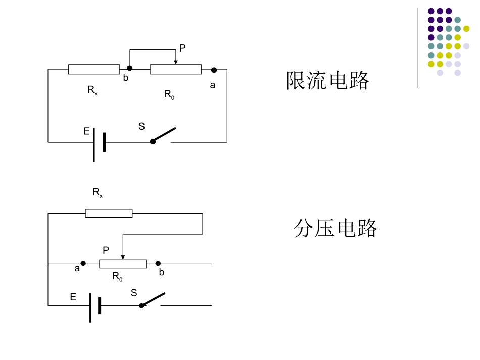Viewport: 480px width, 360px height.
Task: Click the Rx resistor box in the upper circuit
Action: pos(94,69)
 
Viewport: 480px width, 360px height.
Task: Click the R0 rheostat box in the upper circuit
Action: pos(176,69)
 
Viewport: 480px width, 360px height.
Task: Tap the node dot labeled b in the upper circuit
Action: pos(130,68)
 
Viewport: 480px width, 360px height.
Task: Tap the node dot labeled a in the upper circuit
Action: pos(214,70)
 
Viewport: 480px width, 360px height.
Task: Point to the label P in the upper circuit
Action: pos(182,48)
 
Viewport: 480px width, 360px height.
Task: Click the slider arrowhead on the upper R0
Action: pos(176,62)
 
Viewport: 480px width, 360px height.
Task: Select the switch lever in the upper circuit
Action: pos(164,135)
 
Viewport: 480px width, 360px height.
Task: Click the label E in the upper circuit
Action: pos(86,131)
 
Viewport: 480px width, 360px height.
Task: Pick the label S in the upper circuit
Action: pos(141,126)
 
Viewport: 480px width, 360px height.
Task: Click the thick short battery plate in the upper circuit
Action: pos(105,142)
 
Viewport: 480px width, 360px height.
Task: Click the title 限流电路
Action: pos(327,80)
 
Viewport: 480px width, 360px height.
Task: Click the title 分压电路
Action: pos(335,228)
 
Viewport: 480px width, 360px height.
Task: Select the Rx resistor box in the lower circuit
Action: pos(109,213)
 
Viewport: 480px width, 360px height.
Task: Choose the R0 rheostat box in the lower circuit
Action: pos(123,264)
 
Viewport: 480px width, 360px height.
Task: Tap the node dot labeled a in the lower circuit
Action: pos(83,263)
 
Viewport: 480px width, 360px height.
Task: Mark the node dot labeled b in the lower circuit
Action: pos(158,263)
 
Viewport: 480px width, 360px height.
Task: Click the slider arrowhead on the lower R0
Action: pos(123,257)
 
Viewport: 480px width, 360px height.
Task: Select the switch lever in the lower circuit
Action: pos(153,299)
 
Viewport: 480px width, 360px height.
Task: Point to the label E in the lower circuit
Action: pos(73,297)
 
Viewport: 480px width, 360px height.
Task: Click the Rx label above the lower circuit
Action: pos(98,193)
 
